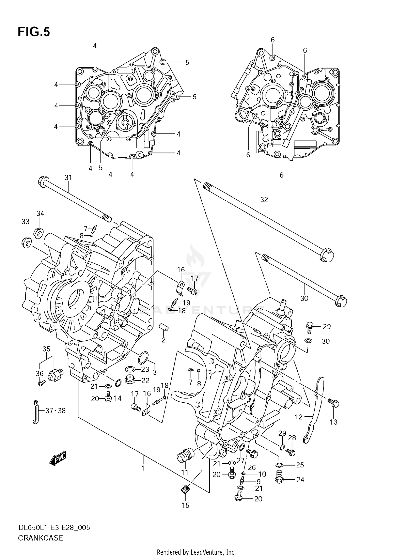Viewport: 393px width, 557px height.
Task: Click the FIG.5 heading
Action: click(x=34, y=32)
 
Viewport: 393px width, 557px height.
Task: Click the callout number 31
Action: click(x=68, y=178)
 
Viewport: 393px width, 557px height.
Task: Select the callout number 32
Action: click(x=264, y=200)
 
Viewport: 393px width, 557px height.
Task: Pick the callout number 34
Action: click(x=40, y=213)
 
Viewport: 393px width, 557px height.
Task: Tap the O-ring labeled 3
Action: click(x=143, y=358)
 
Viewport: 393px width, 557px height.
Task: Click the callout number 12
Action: click(x=299, y=417)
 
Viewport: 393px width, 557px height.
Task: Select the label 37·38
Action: click(x=56, y=411)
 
